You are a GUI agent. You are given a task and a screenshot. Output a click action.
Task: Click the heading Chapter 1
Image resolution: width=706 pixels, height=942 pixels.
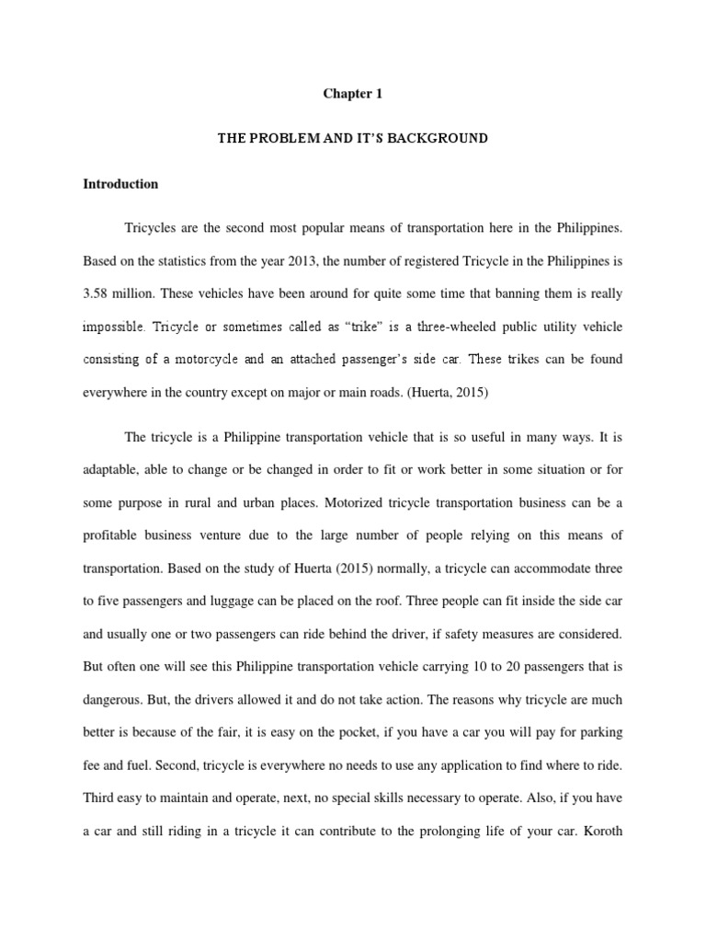[x=353, y=93]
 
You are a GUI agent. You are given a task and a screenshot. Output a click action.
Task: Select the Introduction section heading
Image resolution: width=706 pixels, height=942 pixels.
[x=120, y=184]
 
